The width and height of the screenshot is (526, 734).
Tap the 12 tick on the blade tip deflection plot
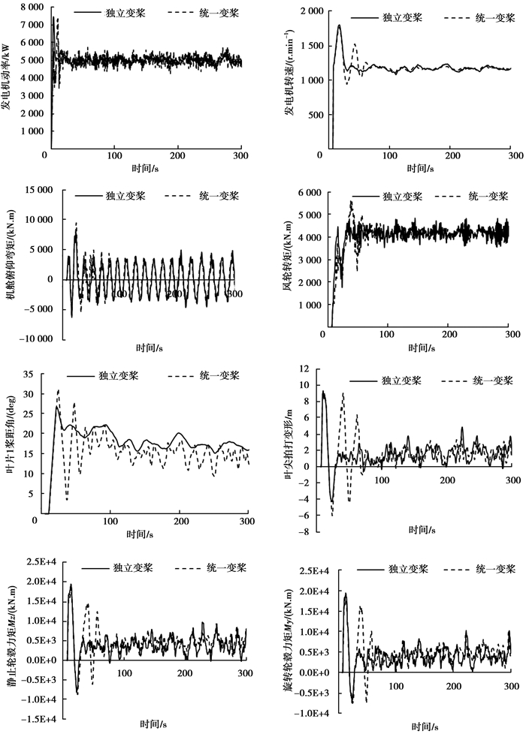click(x=304, y=369)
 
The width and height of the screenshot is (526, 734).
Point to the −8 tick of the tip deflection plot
click(x=304, y=533)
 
